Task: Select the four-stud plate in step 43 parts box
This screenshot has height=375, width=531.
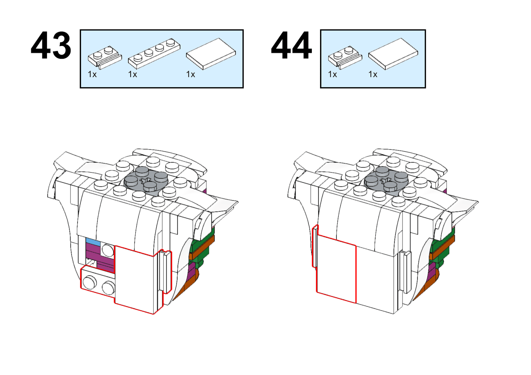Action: pyautogui.click(x=154, y=53)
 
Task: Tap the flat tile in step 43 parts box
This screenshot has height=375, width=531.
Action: pyautogui.click(x=211, y=54)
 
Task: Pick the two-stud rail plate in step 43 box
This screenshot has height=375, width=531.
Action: pyautogui.click(x=105, y=58)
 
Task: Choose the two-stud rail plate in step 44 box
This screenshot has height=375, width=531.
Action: pyautogui.click(x=345, y=58)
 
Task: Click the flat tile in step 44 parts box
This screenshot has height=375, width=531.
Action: pyautogui.click(x=393, y=54)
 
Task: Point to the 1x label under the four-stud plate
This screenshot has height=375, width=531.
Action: pyautogui.click(x=132, y=74)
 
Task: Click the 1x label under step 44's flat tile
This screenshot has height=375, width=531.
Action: pyautogui.click(x=373, y=74)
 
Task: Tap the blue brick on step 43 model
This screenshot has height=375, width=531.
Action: pyautogui.click(x=93, y=241)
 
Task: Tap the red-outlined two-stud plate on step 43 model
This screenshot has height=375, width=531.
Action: pyautogui.click(x=98, y=281)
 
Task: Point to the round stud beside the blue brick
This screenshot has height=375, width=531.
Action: pyautogui.click(x=108, y=250)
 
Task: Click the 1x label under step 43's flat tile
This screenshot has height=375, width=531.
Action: pyautogui.click(x=190, y=74)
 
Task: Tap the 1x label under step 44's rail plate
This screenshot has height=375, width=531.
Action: pyautogui.click(x=332, y=74)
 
